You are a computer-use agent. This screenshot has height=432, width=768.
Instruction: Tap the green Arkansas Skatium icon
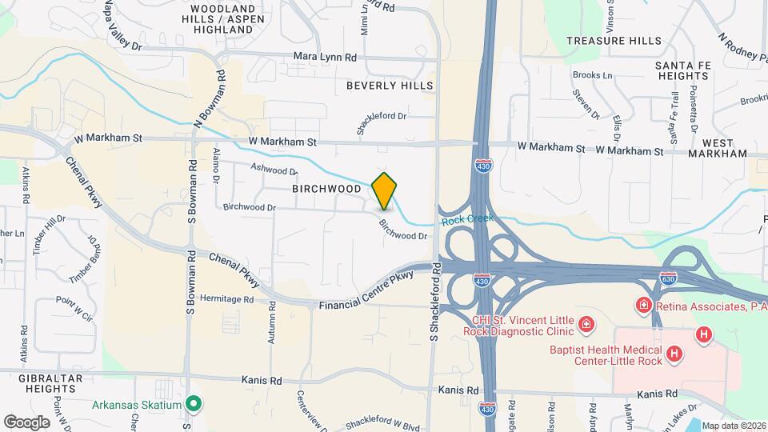pyautogui.click(x=193, y=404)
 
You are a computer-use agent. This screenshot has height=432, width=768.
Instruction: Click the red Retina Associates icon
pyautogui.click(x=642, y=306)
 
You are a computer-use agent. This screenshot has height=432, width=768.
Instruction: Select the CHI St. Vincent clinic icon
pyautogui.click(x=586, y=324)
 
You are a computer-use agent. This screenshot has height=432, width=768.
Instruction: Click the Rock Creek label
pyautogui.click(x=467, y=218)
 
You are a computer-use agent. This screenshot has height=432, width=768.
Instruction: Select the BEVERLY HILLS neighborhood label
pyautogui.click(x=390, y=85)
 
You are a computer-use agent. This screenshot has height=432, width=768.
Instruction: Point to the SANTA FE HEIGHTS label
pyautogui.click(x=681, y=70)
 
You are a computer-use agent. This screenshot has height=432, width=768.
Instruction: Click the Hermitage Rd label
pyautogui.click(x=226, y=299)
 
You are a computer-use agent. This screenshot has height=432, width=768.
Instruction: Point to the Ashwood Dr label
pyautogui.click(x=274, y=170)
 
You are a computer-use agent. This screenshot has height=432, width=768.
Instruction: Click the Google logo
pyautogui.click(x=26, y=421)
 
